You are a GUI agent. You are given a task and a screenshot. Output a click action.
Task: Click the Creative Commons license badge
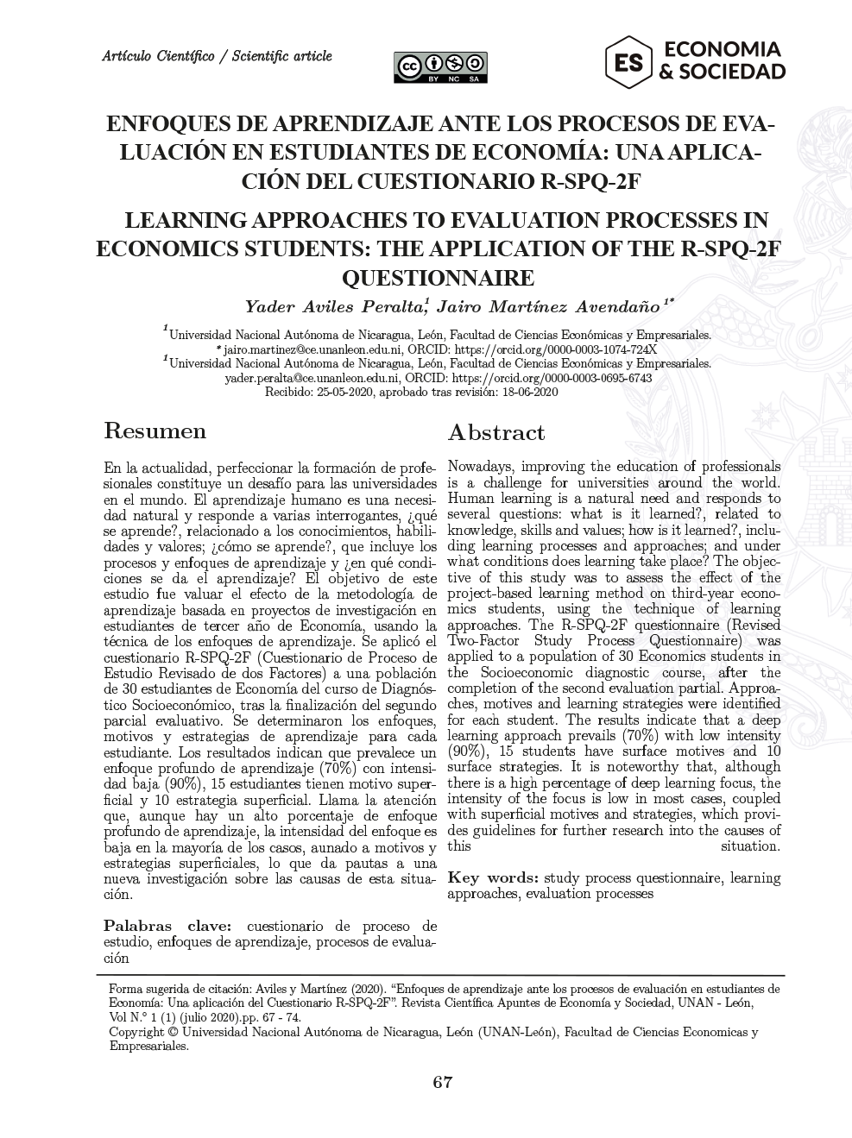click(440, 66)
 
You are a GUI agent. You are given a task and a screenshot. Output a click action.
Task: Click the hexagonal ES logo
click(628, 61)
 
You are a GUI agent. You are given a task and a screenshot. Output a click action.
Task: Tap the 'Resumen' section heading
click(155, 431)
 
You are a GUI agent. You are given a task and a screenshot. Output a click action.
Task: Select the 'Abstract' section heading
click(495, 432)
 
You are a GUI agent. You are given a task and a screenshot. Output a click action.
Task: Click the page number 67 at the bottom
click(442, 1084)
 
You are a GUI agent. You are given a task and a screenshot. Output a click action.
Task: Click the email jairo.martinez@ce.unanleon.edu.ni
click(312, 349)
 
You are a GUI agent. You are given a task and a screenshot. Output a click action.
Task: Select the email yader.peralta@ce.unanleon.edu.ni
click(312, 378)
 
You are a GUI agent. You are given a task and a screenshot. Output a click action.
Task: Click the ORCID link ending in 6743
click(552, 378)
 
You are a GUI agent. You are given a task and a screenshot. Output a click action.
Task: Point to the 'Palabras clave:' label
click(168, 926)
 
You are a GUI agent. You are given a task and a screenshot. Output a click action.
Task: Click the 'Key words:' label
click(493, 878)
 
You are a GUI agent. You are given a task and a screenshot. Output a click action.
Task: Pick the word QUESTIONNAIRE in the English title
click(439, 278)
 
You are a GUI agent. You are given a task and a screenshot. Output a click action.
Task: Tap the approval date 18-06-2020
click(528, 392)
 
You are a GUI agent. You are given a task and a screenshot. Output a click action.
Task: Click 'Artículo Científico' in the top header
click(158, 57)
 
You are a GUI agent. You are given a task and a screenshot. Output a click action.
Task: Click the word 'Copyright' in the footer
click(136, 1032)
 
